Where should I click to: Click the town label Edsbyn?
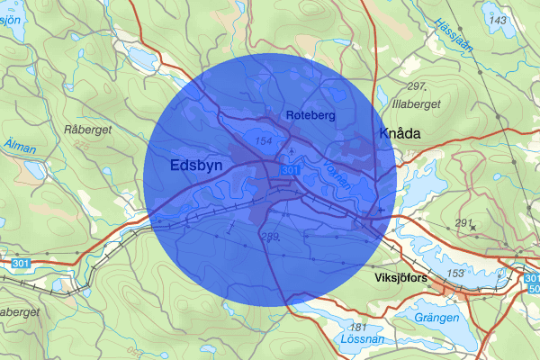coord(196,166)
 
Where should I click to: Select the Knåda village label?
coord(400,133)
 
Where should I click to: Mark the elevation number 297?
coord(415,86)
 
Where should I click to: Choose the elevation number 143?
coord(495,19)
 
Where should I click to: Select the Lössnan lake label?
coord(363,340)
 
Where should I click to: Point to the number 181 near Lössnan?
coord(358,327)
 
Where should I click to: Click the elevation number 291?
coord(463,222)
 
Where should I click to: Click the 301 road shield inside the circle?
coord(289,170)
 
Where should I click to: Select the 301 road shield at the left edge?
coord(22,263)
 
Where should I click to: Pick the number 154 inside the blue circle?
coord(264,142)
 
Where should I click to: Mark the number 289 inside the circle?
coord(268,237)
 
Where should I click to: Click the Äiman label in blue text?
coord(21,144)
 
